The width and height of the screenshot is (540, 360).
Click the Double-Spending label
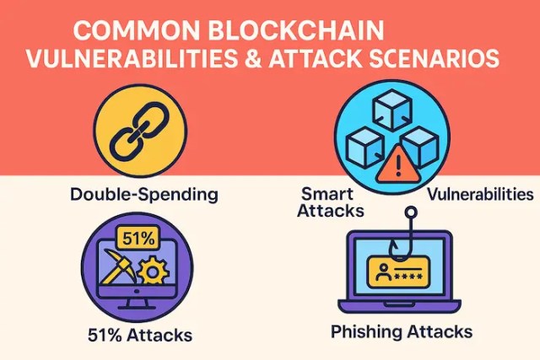coord(144,195)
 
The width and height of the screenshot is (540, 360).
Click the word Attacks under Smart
coord(331,210)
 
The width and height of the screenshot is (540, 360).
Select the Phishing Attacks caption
coord(402,330)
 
